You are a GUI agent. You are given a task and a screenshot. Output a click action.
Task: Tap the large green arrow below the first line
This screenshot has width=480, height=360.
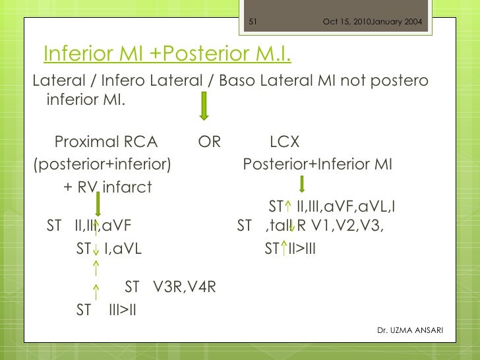pos(204,107)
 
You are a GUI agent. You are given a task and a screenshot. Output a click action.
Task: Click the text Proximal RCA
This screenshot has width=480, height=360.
pos(106,142)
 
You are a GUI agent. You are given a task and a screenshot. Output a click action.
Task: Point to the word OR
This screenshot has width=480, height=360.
pos(210,142)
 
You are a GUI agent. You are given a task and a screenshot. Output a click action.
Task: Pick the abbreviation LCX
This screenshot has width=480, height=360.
pos(285,142)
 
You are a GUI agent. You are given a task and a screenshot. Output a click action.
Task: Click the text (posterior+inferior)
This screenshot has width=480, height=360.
pos(102,164)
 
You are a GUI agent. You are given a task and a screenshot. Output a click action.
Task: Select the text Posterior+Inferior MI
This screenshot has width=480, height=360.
pos(317,164)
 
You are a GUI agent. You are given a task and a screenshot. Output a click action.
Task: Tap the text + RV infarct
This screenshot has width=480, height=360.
pos(107,187)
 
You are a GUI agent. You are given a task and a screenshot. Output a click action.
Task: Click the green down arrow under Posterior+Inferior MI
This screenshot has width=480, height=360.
pos(301,185)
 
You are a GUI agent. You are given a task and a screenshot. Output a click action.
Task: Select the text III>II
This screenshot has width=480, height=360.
pos(122,309)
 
